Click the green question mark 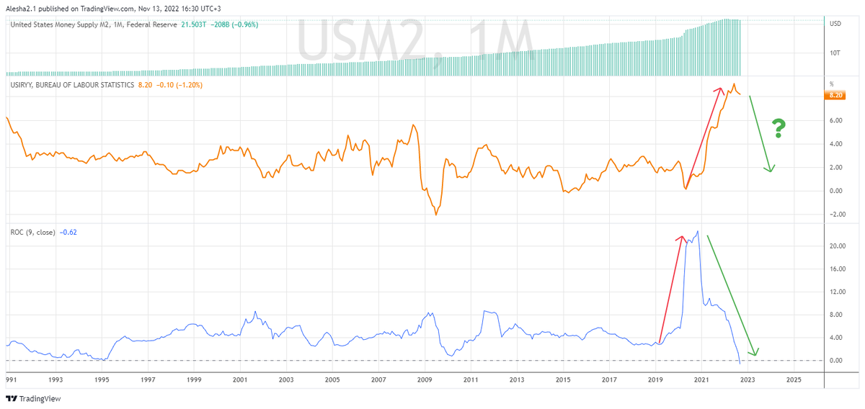(778, 128)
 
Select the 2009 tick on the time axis (425, 378)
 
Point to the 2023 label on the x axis (748, 378)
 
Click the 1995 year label (102, 378)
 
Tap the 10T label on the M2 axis (834, 53)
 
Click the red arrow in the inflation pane (703, 138)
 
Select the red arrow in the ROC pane (670, 288)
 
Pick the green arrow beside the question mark (761, 133)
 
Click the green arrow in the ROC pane (732, 295)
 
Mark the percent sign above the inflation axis (831, 84)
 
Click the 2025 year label (794, 378)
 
